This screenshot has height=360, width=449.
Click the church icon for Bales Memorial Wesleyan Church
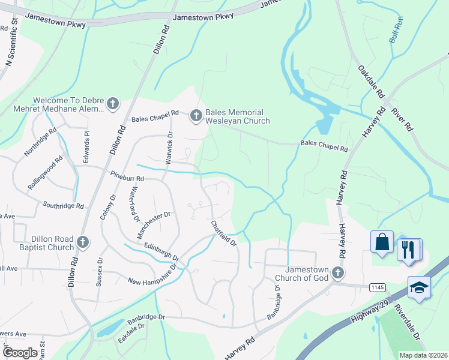click(x=196, y=116)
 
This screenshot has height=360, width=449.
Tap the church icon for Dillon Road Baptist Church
click(x=83, y=242)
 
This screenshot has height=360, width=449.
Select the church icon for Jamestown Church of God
click(x=338, y=274)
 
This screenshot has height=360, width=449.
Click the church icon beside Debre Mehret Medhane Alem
click(x=112, y=104)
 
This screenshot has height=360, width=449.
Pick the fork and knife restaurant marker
click(x=409, y=249)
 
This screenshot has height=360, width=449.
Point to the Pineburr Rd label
click(x=127, y=176)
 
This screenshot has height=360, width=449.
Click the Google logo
click(x=20, y=352)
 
